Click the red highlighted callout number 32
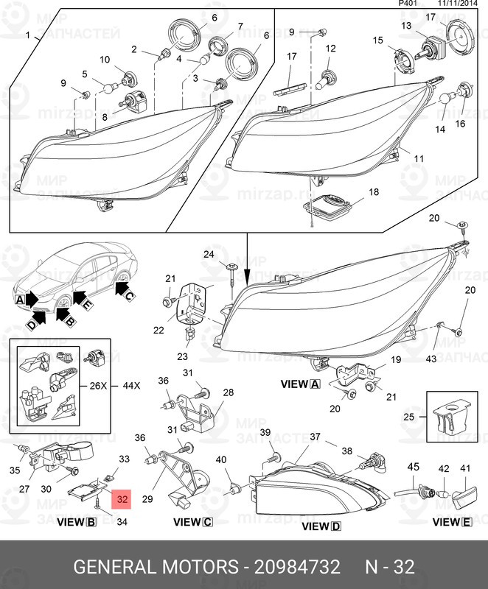(x=122, y=500)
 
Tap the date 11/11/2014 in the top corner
(x=459, y=4)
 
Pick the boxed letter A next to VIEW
(x=315, y=384)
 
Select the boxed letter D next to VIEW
(x=336, y=526)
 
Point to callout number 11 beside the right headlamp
(x=418, y=158)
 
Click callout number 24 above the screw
(x=208, y=255)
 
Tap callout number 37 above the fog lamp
(x=315, y=437)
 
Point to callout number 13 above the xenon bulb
(x=406, y=26)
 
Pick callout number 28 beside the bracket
(x=228, y=392)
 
